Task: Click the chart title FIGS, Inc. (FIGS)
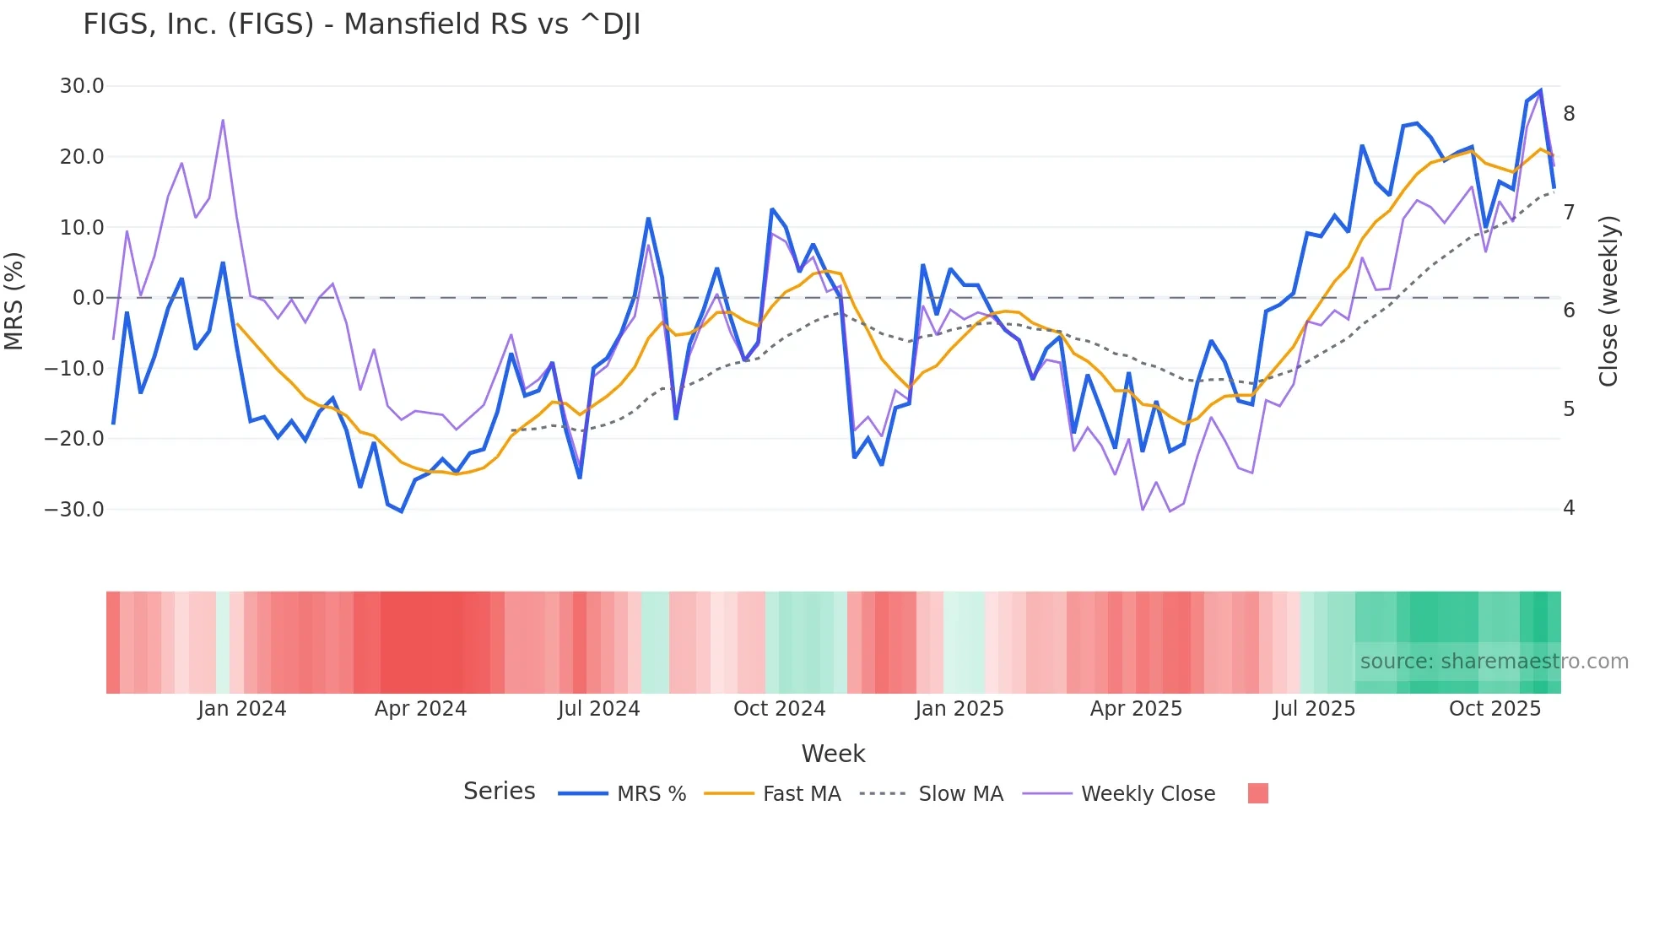[361, 24]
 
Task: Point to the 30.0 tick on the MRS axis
[82, 86]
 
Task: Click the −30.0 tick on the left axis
[74, 510]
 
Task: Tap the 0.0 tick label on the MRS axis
[89, 298]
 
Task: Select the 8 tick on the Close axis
[1569, 114]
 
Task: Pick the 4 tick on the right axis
[1569, 508]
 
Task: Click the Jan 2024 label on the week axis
[242, 709]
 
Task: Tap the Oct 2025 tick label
[1495, 709]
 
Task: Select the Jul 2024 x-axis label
[598, 709]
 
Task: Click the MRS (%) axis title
[14, 301]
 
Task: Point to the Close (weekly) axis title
[1608, 301]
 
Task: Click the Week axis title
[833, 754]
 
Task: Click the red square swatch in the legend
[1257, 793]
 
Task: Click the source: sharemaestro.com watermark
[1494, 662]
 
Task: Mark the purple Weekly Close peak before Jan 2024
[223, 120]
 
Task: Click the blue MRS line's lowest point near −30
[402, 511]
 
